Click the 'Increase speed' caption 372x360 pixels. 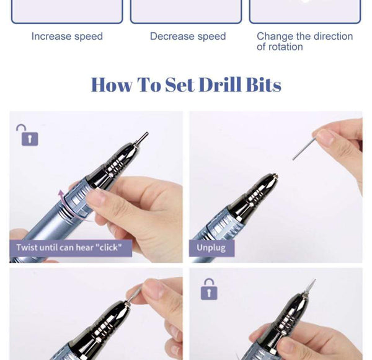pos(67,37)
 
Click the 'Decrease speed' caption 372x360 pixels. pos(188,37)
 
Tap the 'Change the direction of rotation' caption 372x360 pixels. pos(304,42)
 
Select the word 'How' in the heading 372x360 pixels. pos(112,84)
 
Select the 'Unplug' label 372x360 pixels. pos(211,248)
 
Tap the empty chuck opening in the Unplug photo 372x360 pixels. pos(272,177)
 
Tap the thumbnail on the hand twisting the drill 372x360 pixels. pos(97,198)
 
